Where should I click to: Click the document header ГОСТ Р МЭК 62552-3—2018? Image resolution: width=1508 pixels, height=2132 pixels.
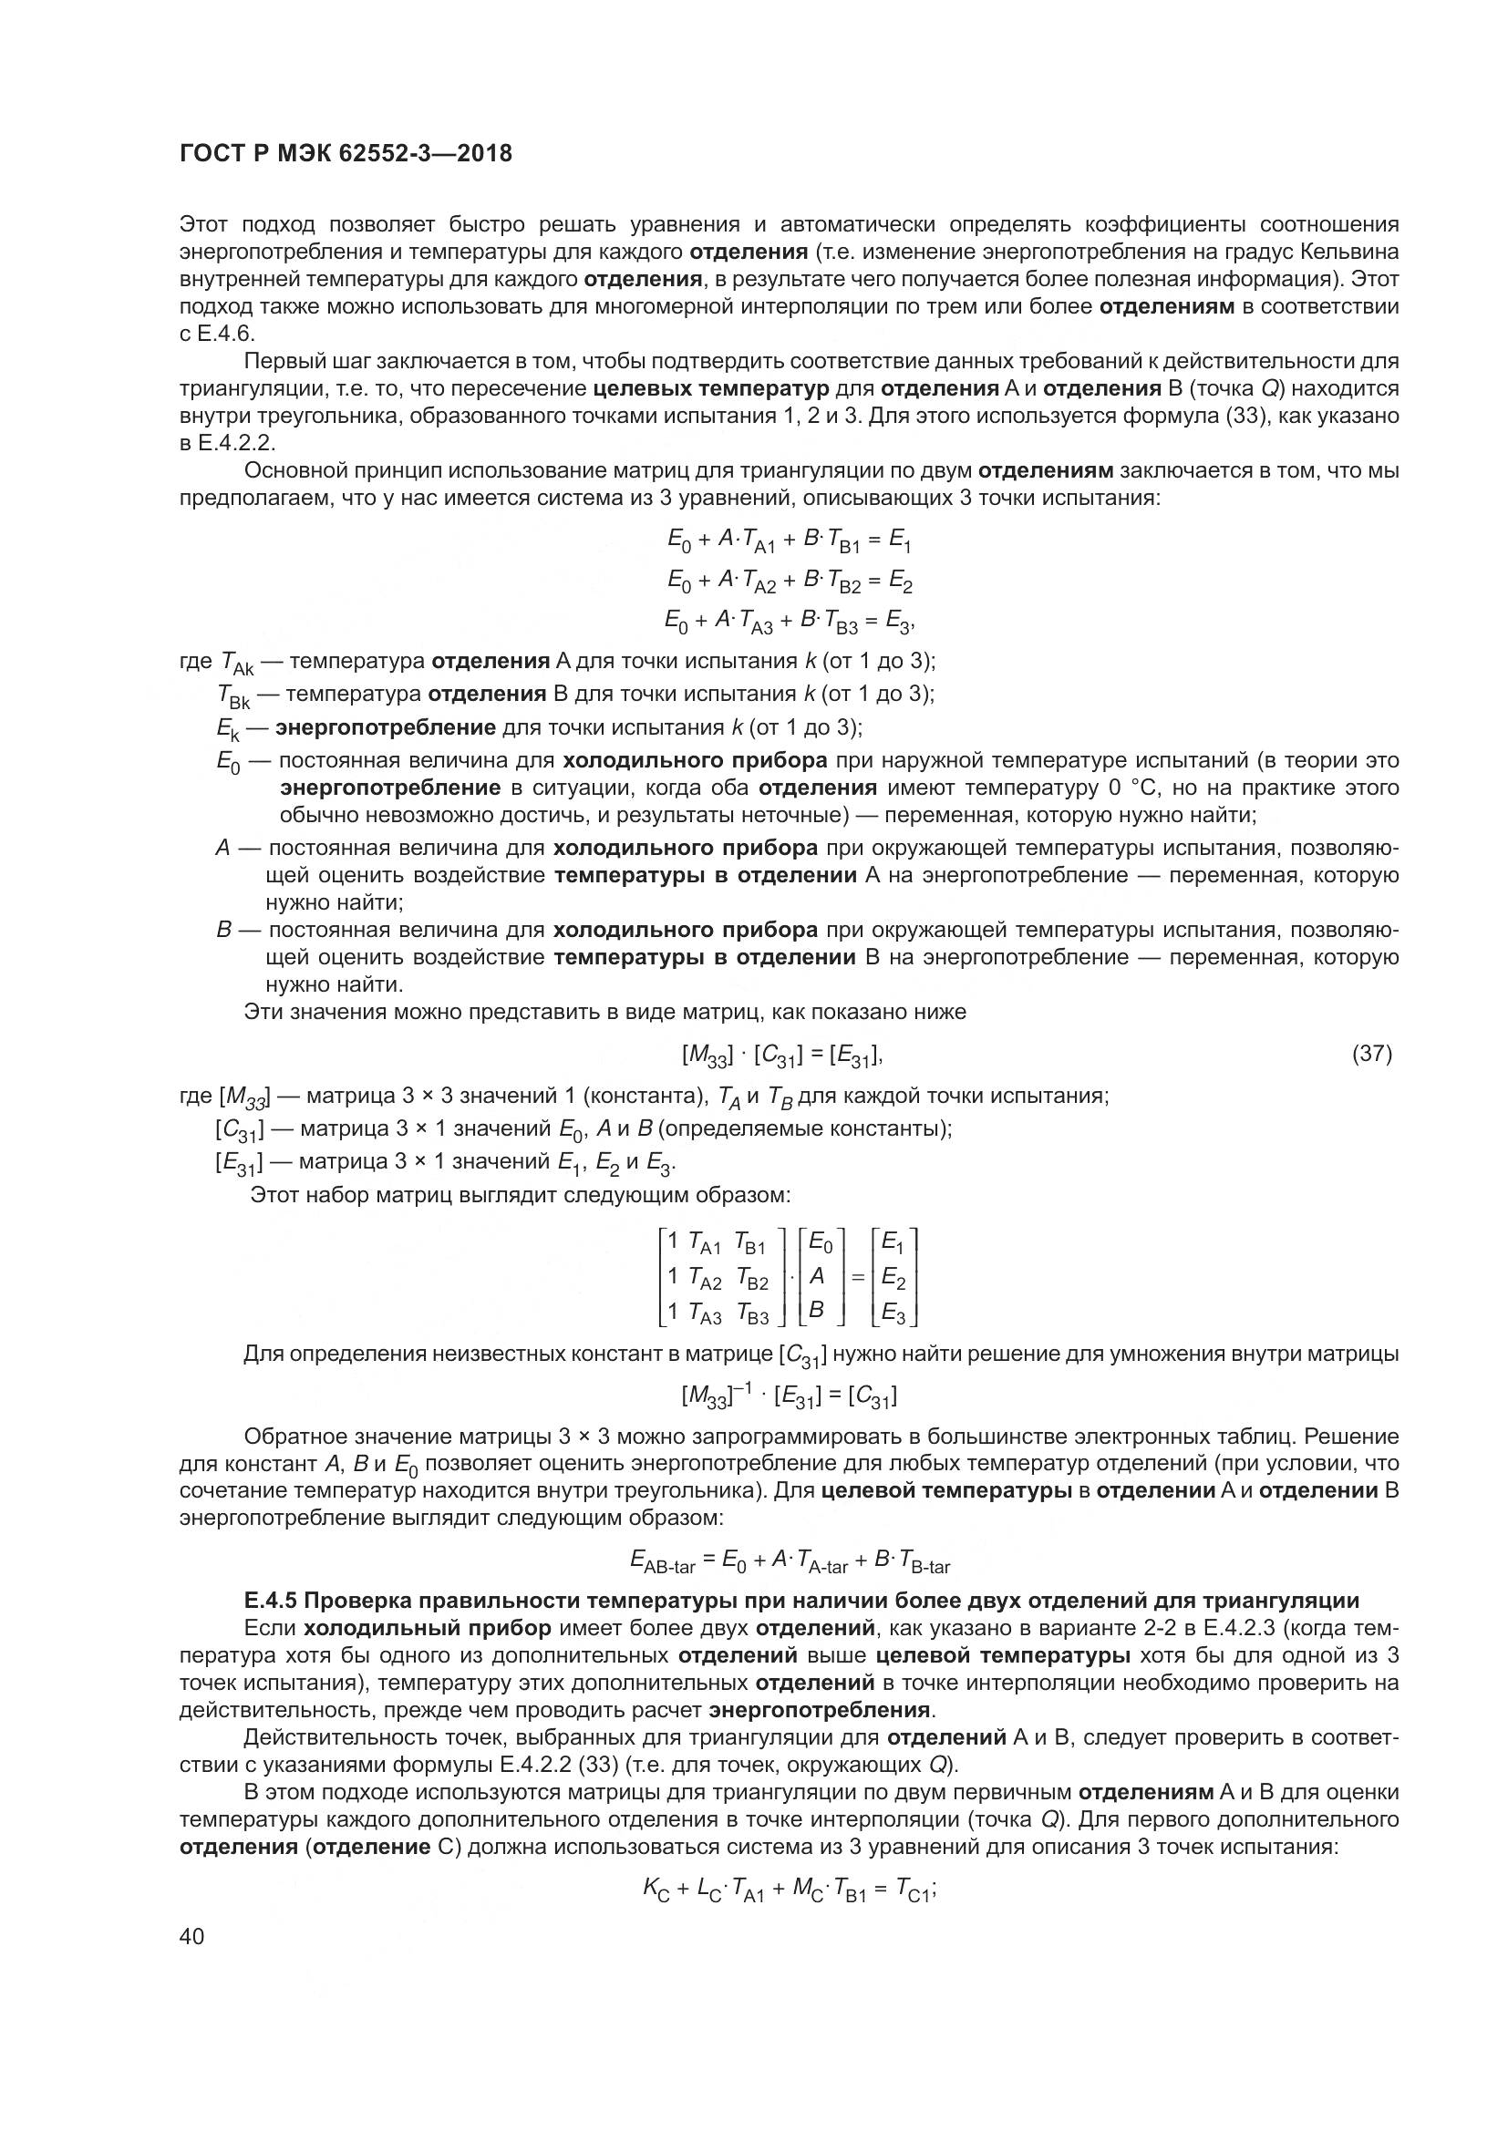pos(346,154)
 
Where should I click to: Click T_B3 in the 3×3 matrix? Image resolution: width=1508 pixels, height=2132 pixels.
pos(752,1314)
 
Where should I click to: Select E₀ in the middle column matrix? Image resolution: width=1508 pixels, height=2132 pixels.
pos(820,1241)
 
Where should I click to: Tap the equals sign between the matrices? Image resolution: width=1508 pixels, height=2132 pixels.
pos(857,1278)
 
